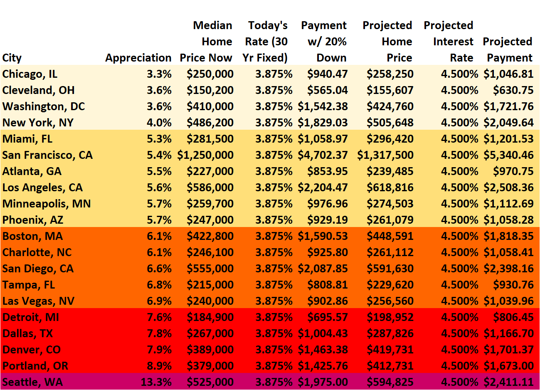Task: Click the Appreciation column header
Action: (138, 58)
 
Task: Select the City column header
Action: (12, 58)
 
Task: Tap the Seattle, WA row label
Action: (32, 382)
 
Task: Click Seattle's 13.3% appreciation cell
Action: (156, 382)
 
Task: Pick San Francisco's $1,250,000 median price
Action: (205, 155)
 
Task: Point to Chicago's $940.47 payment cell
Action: (327, 74)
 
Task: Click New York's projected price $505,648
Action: (390, 123)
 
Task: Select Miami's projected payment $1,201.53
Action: (508, 139)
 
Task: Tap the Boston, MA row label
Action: (32, 236)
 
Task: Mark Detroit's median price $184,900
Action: (210, 317)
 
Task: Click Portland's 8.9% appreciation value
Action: (159, 366)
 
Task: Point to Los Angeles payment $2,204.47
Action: (323, 188)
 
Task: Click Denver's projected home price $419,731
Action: (390, 350)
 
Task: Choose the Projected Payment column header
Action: (508, 49)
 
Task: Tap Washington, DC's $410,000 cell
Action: (210, 106)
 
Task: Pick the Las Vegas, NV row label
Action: (38, 301)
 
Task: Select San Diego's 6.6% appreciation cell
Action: (159, 269)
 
